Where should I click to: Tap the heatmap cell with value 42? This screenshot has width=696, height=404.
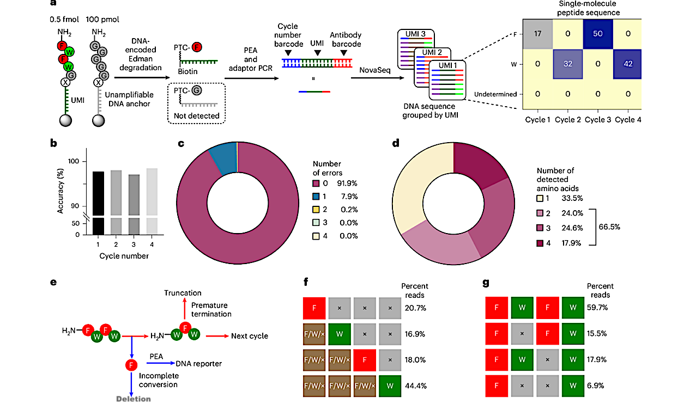[x=628, y=64]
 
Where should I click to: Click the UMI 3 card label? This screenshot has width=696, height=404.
[x=415, y=35]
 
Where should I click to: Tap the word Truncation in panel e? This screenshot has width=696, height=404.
[x=183, y=293]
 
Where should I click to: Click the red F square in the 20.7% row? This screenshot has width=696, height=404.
[x=314, y=308]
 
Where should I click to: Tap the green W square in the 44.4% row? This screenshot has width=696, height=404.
[x=391, y=385]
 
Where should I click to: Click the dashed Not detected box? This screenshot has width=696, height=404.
[x=197, y=103]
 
